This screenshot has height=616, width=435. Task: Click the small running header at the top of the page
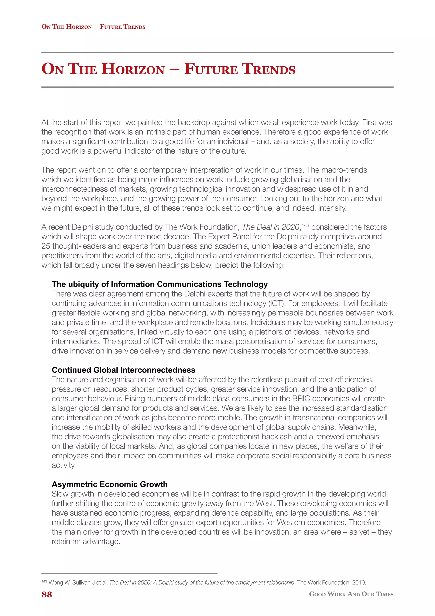[x=93, y=27]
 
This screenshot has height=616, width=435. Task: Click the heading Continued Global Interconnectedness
[x=123, y=370]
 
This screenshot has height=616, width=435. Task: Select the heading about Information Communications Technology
[x=160, y=284]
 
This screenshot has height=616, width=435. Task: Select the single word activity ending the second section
[x=64, y=465]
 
